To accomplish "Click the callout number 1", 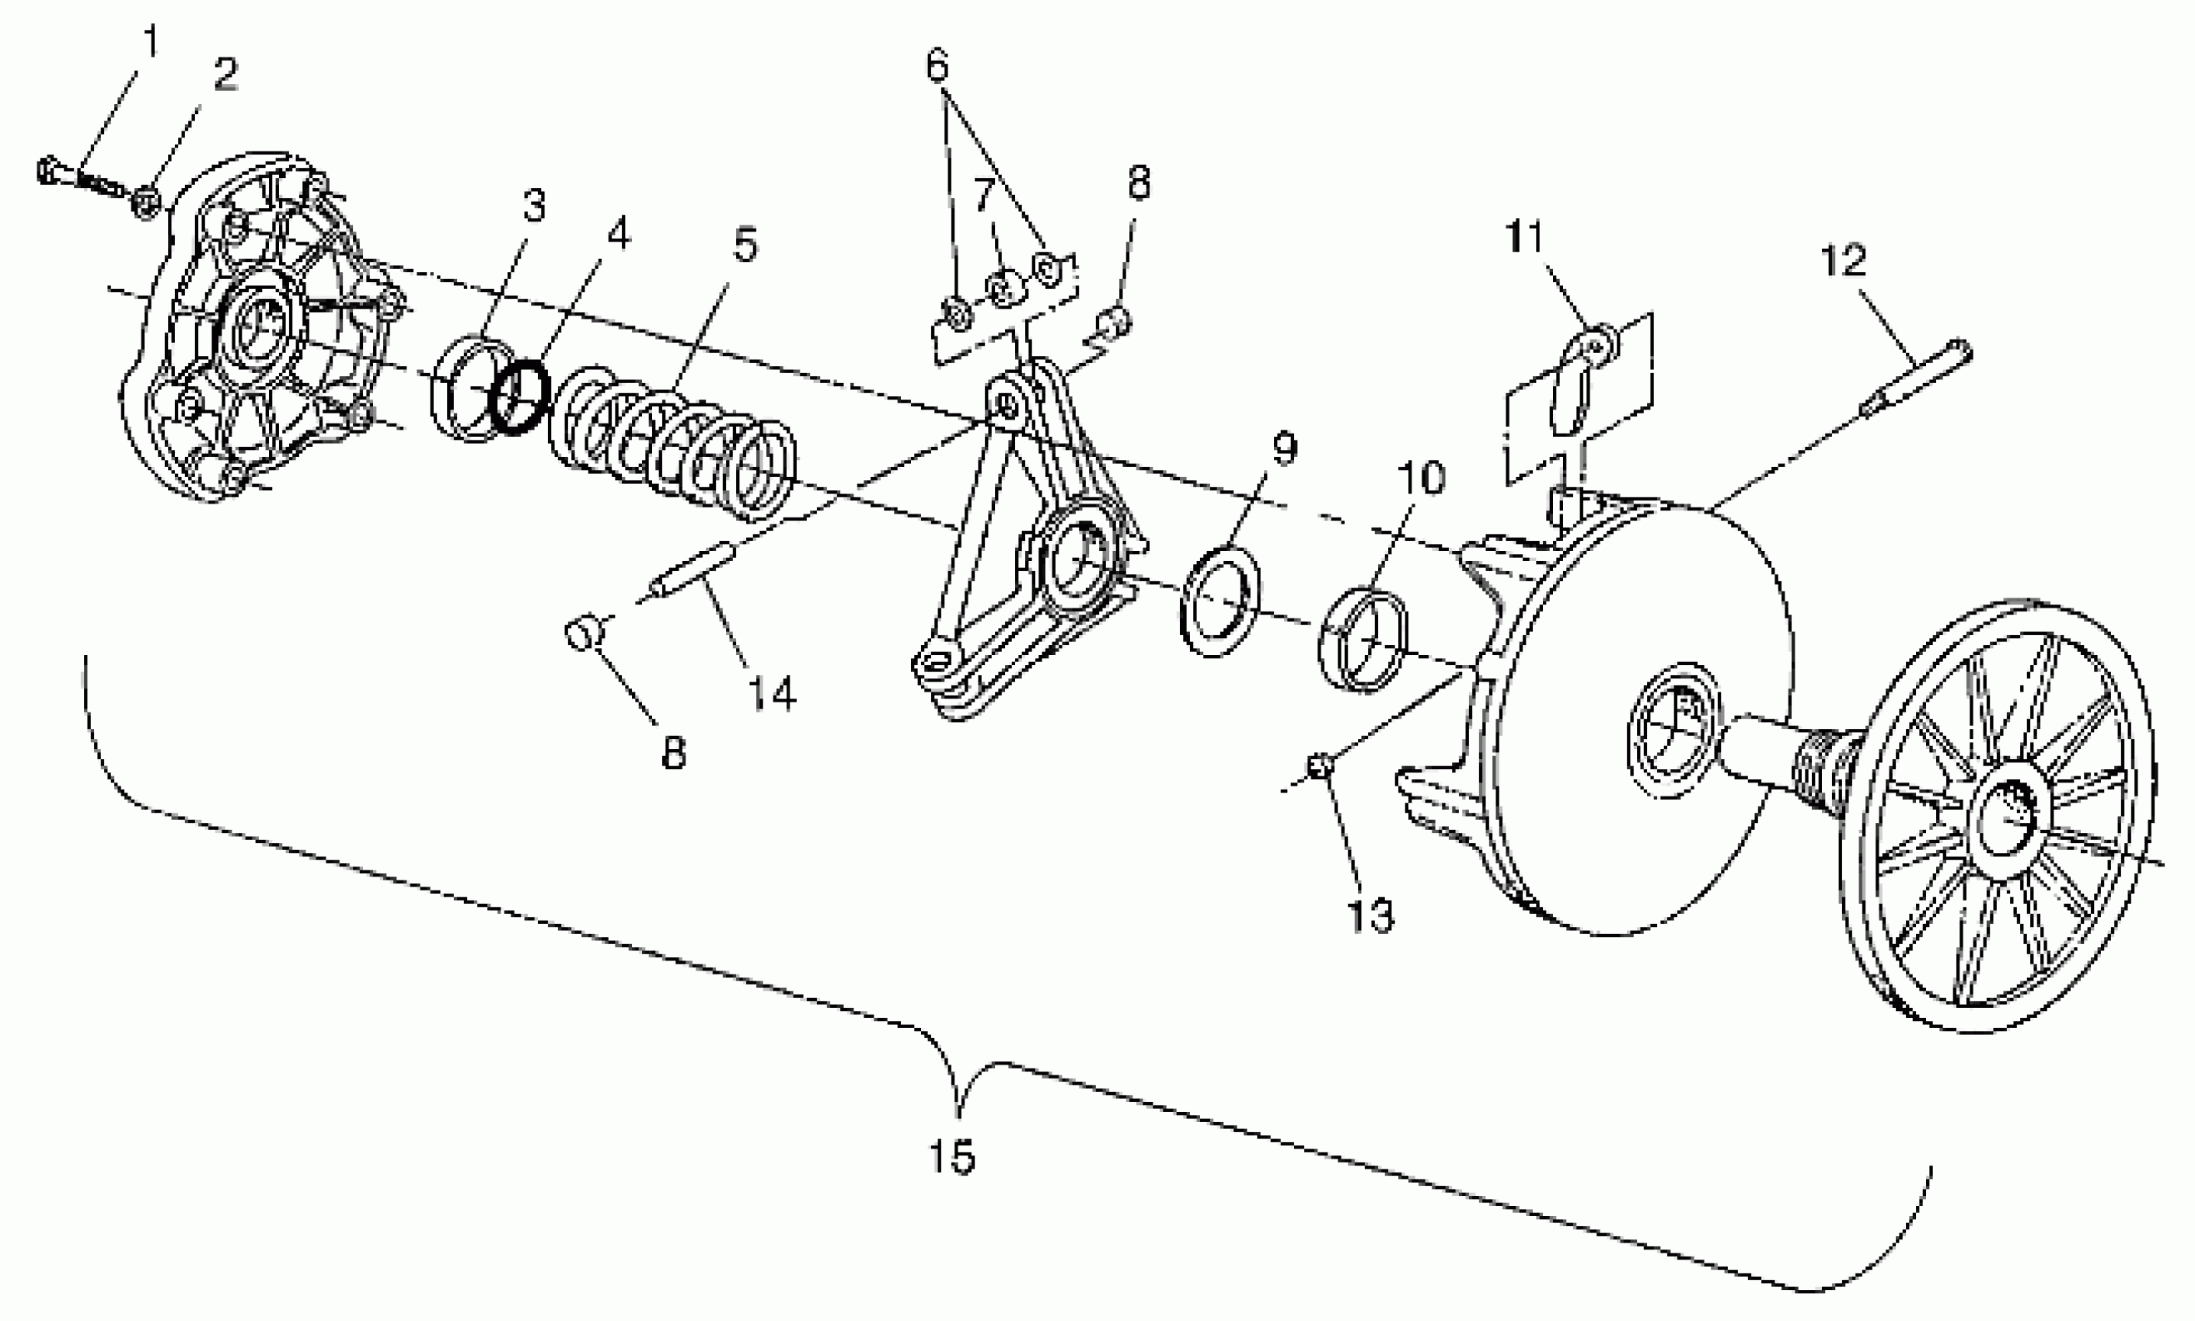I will click(x=151, y=42).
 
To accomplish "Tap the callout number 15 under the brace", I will click(x=951, y=1157).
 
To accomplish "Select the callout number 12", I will click(x=1843, y=261).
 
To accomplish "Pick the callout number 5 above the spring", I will click(x=745, y=244).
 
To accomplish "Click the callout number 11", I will click(x=1525, y=238).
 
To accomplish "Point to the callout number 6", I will click(x=938, y=65).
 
